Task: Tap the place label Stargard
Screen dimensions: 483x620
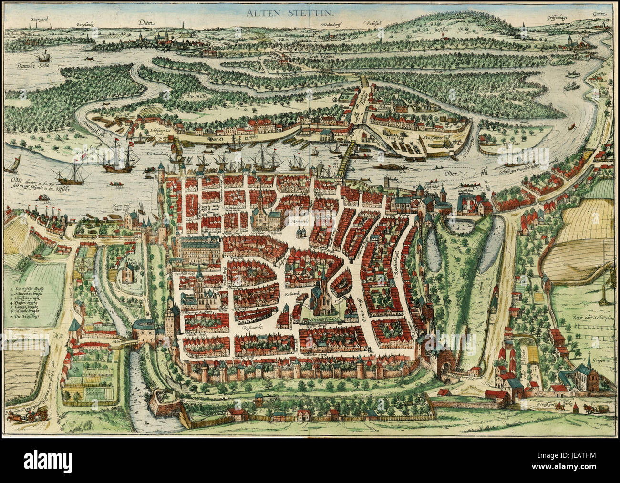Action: (39, 20)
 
